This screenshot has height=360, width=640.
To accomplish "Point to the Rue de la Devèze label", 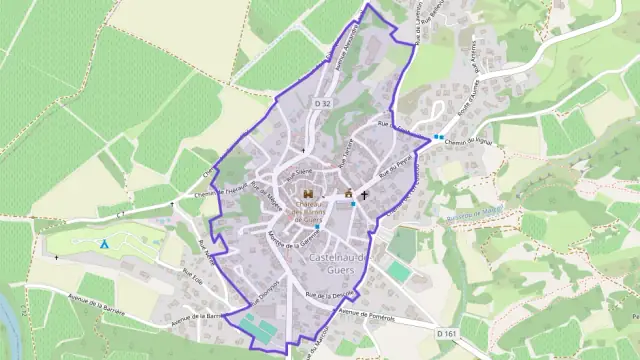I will coord(329,296).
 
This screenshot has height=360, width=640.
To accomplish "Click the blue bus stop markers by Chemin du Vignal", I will coord(439,137).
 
